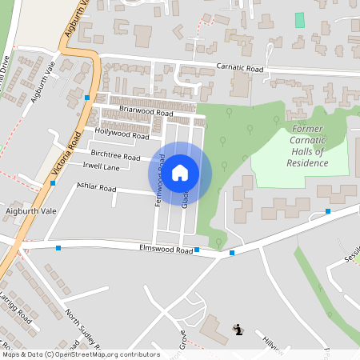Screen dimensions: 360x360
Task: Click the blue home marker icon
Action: (x=180, y=172)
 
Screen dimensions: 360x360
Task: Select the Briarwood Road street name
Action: (x=146, y=114)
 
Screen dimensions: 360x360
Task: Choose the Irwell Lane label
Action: (x=101, y=167)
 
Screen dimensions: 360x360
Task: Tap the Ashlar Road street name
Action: (x=96, y=190)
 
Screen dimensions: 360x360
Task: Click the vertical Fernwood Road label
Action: (x=160, y=180)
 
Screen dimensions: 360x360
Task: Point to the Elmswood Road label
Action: (x=167, y=250)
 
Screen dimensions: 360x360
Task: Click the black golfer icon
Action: (x=237, y=329)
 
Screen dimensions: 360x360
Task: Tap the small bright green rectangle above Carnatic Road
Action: (x=300, y=20)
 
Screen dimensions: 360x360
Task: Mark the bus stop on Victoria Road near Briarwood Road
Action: (x=86, y=97)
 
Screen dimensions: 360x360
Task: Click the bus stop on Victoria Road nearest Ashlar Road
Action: (x=53, y=183)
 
